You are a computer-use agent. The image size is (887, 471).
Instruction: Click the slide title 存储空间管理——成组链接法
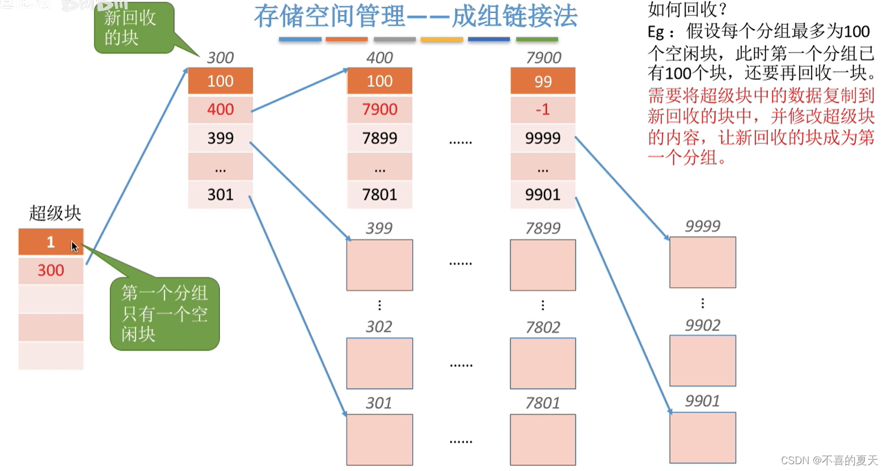[x=415, y=16]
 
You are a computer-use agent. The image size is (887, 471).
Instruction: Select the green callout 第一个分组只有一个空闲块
[x=164, y=313]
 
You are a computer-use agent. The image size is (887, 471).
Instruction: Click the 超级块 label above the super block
[x=55, y=214]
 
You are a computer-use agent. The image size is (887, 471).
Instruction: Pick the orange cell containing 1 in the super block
[x=50, y=242]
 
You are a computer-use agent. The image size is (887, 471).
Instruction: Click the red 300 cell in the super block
[x=50, y=270]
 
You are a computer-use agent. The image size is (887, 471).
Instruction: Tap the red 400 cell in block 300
[x=220, y=109]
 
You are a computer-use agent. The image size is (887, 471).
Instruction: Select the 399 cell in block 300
[x=220, y=138]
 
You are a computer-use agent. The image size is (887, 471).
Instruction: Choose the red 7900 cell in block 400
[x=379, y=109]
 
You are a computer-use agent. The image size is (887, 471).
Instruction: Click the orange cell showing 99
[x=543, y=81]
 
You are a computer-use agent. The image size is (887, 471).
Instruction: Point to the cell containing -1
[x=543, y=109]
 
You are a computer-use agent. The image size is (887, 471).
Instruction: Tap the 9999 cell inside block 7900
[x=543, y=138]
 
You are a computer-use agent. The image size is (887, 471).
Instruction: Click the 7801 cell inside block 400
[x=379, y=195]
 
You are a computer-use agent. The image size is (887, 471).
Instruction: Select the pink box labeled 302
[x=379, y=363]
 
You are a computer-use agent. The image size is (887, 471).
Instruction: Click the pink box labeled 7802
[x=543, y=363]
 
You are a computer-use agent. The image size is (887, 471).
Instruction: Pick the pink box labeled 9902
[x=703, y=361]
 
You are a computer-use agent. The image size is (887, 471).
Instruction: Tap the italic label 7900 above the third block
[x=543, y=58]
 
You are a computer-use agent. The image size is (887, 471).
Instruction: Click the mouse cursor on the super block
[x=74, y=246]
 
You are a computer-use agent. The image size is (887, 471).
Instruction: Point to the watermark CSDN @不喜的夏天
[x=829, y=460]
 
